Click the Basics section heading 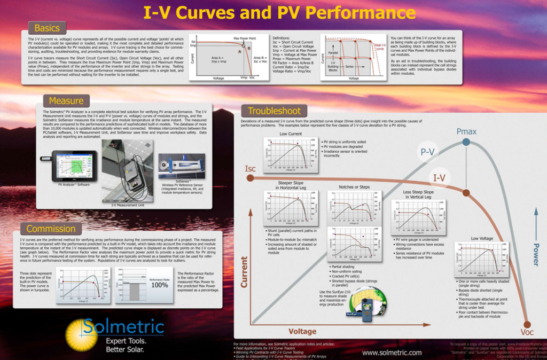click(47, 28)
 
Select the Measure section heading click(66, 100)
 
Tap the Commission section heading click(51, 229)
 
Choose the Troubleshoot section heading click(274, 111)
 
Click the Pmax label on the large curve click(466, 131)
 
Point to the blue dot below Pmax click(466, 142)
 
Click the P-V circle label click(427, 152)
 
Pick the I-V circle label click(440, 178)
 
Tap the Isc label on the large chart click(251, 169)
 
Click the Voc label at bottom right click(527, 332)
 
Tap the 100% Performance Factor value click(159, 285)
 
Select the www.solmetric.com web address click(392, 353)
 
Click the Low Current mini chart click(290, 155)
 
